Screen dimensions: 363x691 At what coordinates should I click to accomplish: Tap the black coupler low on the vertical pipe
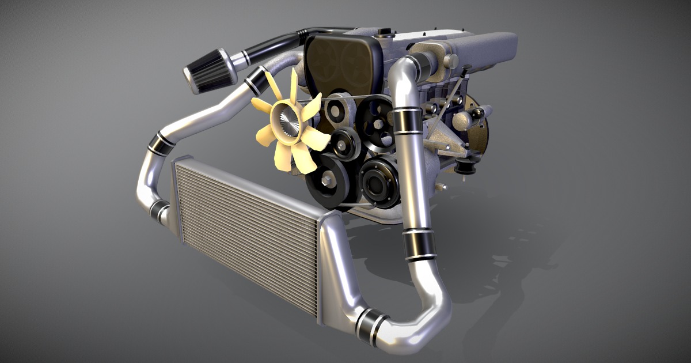point(419,244)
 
